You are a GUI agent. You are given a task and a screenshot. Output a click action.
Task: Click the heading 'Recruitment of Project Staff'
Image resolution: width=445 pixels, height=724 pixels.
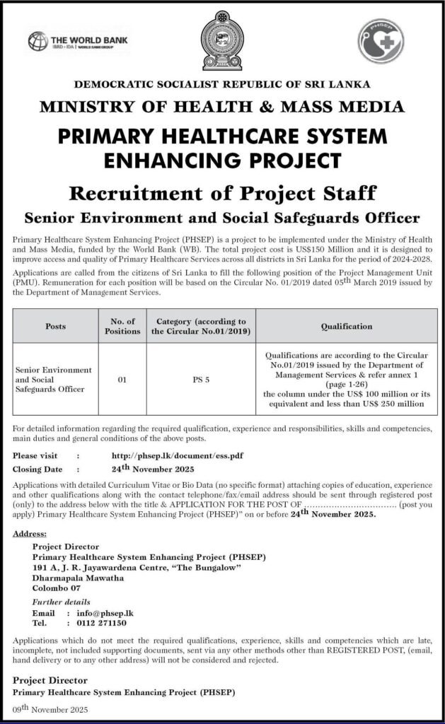222,192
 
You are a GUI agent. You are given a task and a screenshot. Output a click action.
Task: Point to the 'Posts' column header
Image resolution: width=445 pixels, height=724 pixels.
55,327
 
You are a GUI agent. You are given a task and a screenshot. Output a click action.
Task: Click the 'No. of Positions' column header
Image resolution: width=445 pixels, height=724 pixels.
122,327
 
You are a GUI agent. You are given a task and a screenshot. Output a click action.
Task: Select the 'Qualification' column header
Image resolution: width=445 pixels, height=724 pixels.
346,327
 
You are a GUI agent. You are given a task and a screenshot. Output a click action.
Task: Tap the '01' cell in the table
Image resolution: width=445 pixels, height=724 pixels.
122,380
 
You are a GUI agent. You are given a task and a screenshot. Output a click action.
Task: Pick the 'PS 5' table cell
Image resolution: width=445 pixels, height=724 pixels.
201,380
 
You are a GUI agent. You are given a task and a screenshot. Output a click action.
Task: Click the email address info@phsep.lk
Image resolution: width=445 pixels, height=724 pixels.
95,613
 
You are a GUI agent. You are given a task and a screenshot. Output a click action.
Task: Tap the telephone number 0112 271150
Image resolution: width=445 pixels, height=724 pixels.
96,624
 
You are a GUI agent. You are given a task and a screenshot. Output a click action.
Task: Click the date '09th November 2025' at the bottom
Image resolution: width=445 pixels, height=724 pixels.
49,708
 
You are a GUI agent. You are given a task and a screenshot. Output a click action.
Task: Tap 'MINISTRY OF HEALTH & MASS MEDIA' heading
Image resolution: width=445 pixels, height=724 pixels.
222,107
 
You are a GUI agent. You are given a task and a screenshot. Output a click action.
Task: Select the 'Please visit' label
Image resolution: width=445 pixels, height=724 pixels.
35,456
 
